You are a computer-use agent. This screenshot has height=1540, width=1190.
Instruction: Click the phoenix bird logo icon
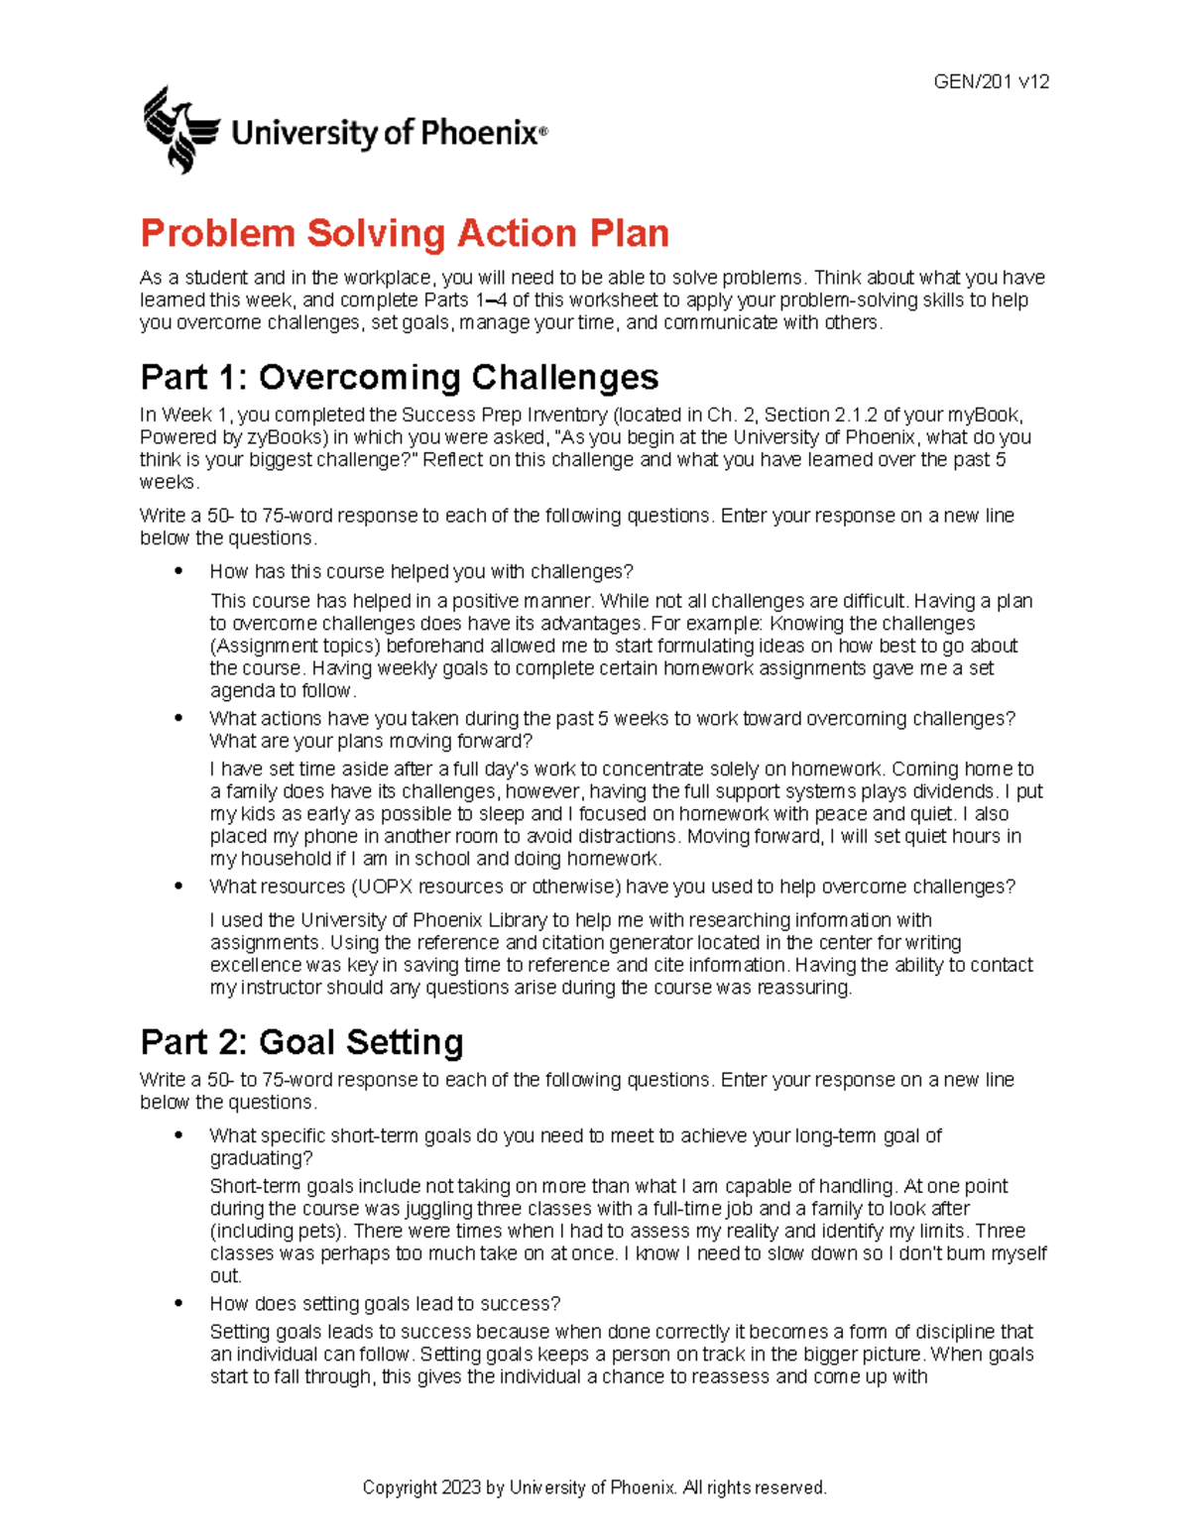tap(179, 130)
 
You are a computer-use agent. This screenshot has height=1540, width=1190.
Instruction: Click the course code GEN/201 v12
tap(991, 82)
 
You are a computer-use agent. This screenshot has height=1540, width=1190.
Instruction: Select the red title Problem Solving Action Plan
tap(405, 234)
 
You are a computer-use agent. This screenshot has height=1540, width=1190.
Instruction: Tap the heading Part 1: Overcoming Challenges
tap(400, 377)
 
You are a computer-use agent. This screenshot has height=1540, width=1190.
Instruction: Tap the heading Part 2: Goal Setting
tap(301, 1042)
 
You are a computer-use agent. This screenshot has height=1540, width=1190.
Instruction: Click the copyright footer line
tap(594, 1487)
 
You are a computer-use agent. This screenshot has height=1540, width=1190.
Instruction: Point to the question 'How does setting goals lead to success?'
tap(385, 1303)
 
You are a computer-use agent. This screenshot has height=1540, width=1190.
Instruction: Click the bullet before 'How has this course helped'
tap(178, 571)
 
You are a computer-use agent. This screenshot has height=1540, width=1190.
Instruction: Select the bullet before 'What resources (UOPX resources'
tap(178, 887)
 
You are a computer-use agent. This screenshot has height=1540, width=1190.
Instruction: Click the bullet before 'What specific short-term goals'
tap(178, 1135)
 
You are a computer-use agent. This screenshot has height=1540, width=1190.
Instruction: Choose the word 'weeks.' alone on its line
tap(170, 483)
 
